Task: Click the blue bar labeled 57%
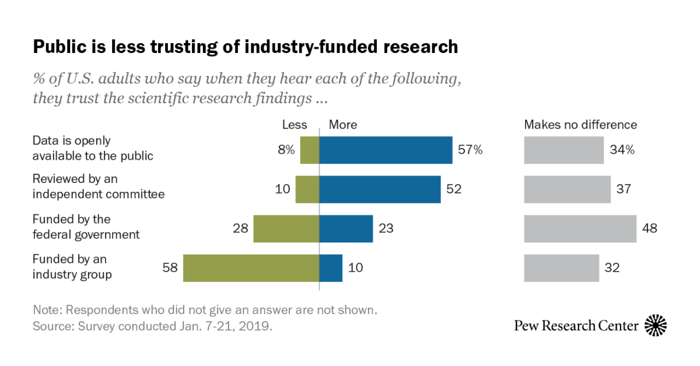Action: pos(386,150)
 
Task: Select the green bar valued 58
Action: pos(251,268)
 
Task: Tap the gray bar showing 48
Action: pos(580,228)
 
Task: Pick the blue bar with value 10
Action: pos(331,268)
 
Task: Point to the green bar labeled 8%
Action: pos(309,150)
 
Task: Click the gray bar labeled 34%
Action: pos(563,150)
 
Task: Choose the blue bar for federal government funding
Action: pos(346,228)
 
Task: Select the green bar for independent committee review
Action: pos(307,189)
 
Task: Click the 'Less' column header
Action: pos(295,125)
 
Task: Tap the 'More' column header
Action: pos(343,125)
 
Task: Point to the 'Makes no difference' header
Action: pos(580,125)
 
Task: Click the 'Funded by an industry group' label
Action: pos(72,266)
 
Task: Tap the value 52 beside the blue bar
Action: pos(454,189)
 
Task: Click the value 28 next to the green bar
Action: pos(240,228)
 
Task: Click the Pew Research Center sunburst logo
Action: pos(655,325)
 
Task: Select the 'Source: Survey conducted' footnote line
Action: pos(152,326)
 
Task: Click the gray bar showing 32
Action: pos(561,268)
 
